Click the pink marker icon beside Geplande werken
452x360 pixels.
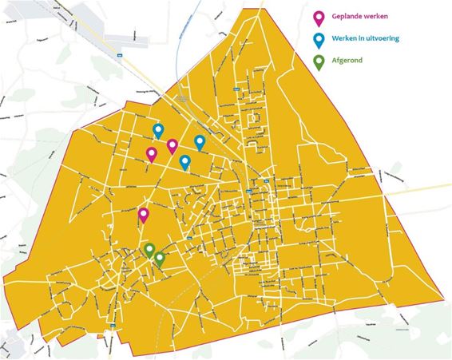tap(319, 17)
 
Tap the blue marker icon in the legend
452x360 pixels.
tap(319, 38)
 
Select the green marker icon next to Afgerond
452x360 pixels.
tap(319, 60)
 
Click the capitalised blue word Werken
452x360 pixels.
tap(349, 38)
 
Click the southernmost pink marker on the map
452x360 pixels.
tap(144, 214)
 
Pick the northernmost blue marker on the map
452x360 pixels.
tap(158, 130)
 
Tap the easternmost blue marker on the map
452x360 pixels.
tap(200, 141)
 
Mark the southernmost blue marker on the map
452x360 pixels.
tap(185, 162)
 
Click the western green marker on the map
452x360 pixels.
tap(149, 250)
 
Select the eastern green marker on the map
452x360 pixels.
tap(160, 258)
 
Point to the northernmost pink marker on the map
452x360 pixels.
tap(172, 145)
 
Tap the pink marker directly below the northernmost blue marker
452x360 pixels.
tap(152, 153)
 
